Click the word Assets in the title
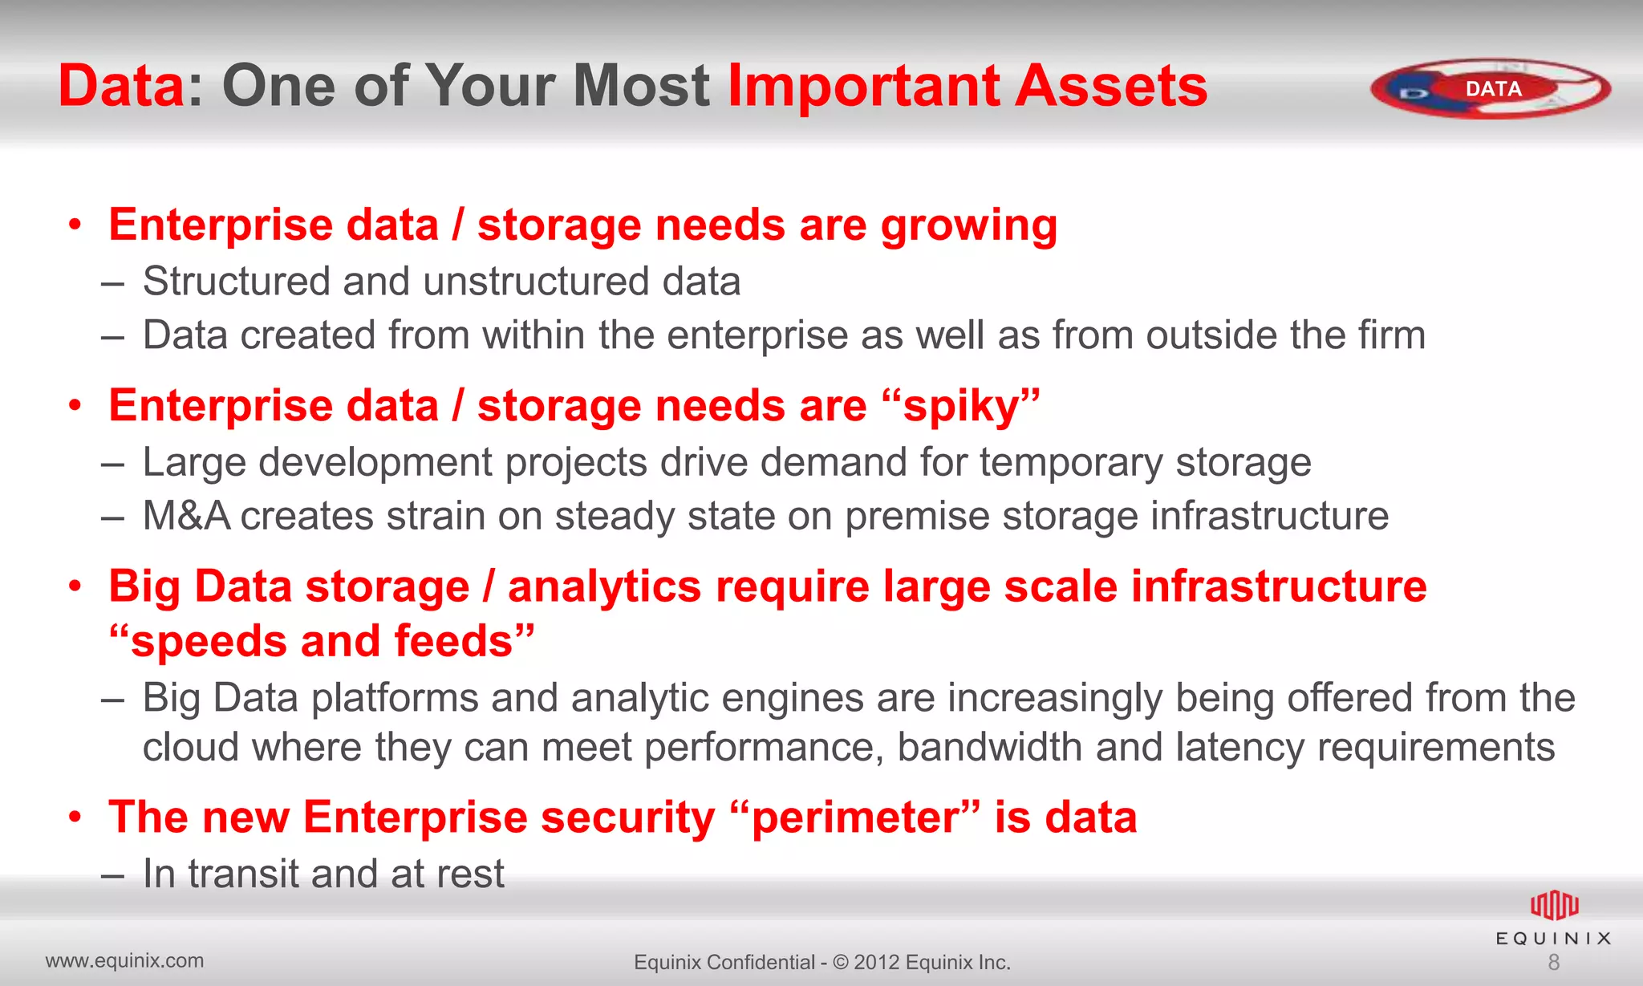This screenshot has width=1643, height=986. point(1110,86)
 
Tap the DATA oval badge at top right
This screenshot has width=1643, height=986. point(1491,88)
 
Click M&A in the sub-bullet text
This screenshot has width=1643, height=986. point(186,516)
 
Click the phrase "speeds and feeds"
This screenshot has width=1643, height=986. point(322,642)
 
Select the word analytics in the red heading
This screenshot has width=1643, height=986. point(604,586)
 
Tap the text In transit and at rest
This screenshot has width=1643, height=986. point(323,874)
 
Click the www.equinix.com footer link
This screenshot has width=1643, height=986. point(124,960)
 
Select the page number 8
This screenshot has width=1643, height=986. point(1553,963)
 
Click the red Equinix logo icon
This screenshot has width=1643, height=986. point(1554,906)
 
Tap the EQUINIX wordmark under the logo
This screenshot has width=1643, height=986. point(1553,939)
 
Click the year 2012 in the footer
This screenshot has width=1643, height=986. point(876,962)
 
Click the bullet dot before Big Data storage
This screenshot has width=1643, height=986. point(75,587)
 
